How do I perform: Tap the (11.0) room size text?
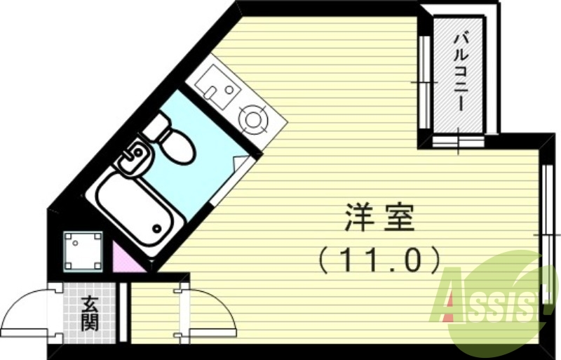click(x=379, y=260)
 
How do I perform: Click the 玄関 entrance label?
click(x=90, y=313)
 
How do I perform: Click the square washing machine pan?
click(x=83, y=250)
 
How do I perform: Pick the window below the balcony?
click(x=458, y=141)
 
